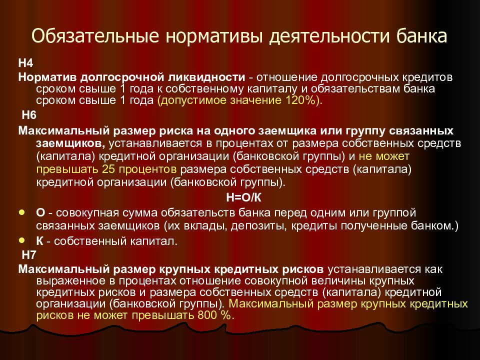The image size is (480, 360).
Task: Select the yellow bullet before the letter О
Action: [x=21, y=212]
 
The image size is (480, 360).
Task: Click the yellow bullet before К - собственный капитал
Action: [x=21, y=240]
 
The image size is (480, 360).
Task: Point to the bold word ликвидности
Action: [x=213, y=78]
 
